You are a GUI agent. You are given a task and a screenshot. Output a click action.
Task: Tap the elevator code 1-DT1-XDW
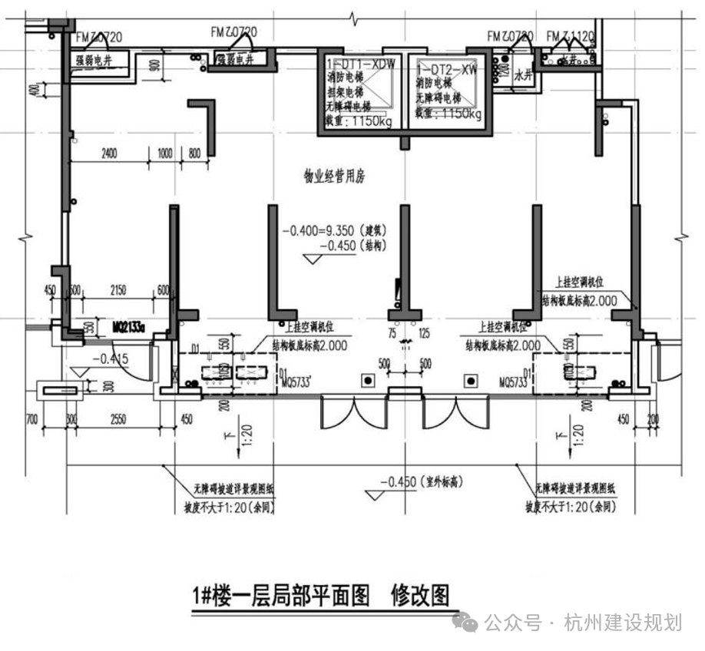[360, 65]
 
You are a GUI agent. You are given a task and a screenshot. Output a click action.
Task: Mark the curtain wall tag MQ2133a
[130, 325]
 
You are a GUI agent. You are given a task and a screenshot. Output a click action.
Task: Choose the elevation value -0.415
[109, 359]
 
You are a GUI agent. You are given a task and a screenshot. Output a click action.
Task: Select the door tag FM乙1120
[571, 36]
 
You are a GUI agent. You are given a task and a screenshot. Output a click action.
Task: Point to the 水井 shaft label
[523, 75]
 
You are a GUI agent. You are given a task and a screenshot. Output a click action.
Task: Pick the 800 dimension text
[194, 153]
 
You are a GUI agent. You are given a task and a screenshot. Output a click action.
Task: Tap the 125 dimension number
[425, 335]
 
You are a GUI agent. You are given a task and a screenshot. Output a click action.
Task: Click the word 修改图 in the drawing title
[419, 595]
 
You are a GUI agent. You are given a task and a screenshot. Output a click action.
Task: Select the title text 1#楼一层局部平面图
[282, 595]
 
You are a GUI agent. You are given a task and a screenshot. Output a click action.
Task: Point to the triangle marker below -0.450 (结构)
[312, 259]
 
